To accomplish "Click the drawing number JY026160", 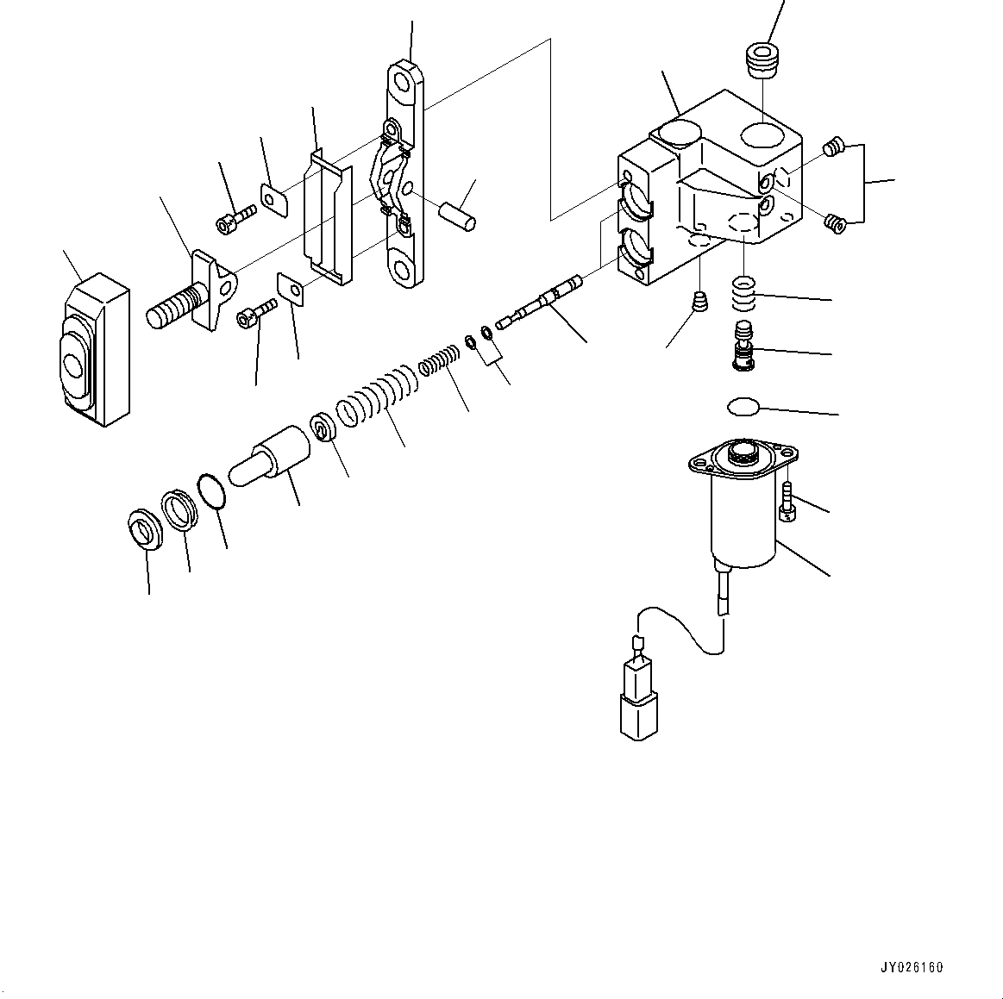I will [912, 967].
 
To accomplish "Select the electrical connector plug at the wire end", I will [639, 703].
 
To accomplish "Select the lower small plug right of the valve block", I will [833, 223].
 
